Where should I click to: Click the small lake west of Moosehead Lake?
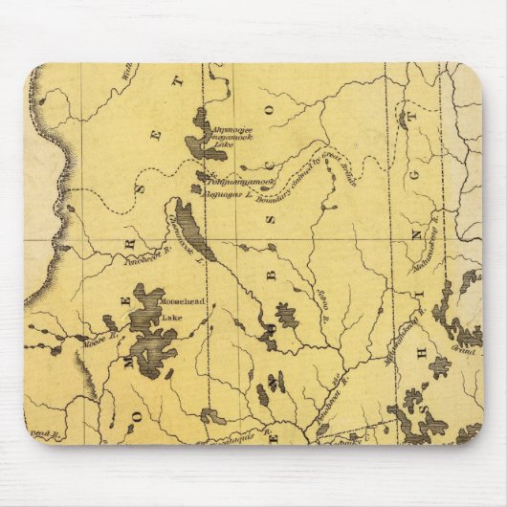pyautogui.click(x=111, y=324)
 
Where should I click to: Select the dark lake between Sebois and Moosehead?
pyautogui.click(x=285, y=315)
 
